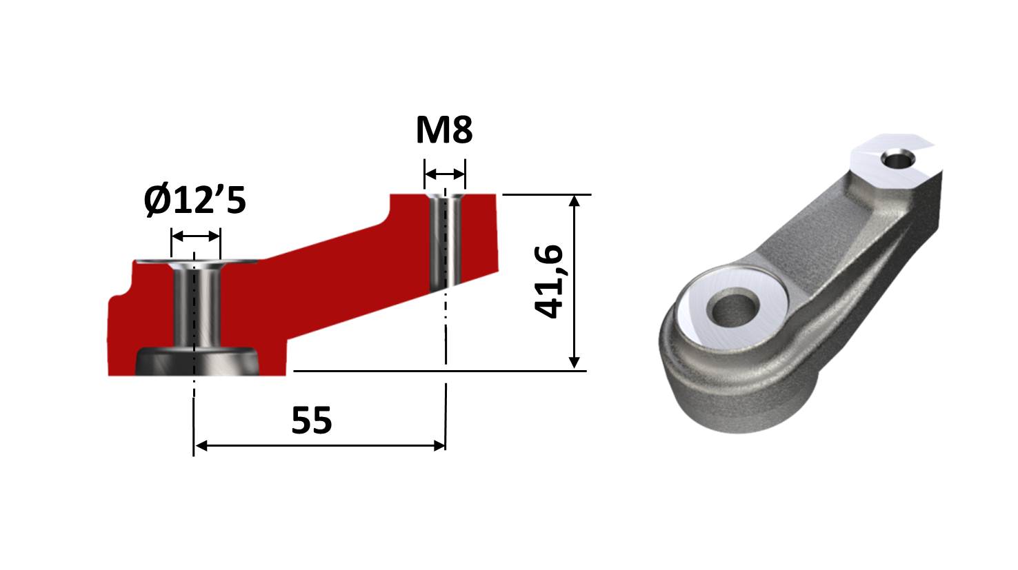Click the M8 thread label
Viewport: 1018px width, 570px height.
click(443, 130)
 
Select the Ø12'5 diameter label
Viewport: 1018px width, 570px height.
click(195, 201)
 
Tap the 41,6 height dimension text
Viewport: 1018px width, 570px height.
click(550, 281)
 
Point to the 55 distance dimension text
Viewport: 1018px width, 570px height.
click(311, 420)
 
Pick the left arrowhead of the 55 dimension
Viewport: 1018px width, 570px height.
click(201, 446)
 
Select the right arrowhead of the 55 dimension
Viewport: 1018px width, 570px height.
click(439, 446)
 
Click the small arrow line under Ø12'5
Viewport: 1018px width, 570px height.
click(195, 236)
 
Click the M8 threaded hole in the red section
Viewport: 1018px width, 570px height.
click(445, 241)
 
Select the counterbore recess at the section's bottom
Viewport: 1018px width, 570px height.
click(197, 362)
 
